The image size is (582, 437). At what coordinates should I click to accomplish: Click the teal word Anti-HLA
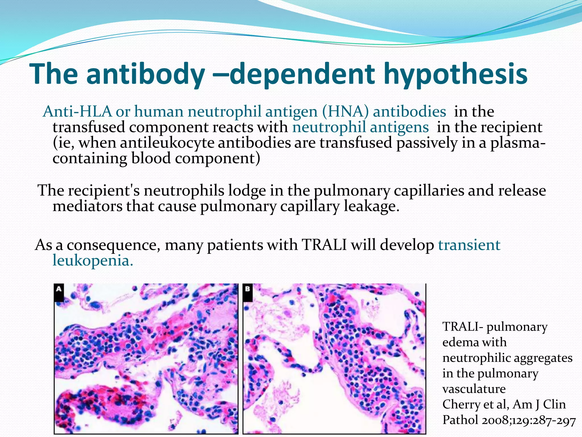(x=77, y=111)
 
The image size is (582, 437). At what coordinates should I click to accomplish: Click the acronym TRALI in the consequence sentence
(x=324, y=245)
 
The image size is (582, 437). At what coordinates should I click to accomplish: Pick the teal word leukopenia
(x=92, y=260)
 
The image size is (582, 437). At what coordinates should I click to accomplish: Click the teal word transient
(x=469, y=245)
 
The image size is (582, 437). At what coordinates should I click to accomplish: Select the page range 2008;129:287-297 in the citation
(x=529, y=420)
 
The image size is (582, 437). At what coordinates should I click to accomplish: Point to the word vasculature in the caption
(x=474, y=389)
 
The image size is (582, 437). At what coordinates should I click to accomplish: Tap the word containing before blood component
(x=90, y=158)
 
